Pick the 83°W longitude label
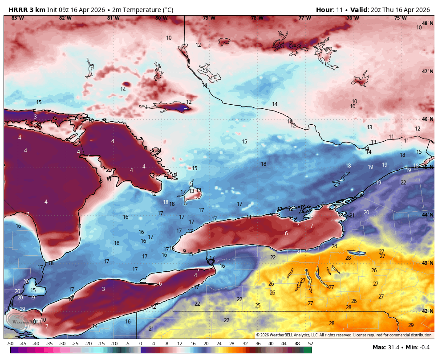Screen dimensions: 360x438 pos(17,18)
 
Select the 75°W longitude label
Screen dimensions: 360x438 pos(400,18)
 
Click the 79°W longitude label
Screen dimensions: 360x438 pos(209,18)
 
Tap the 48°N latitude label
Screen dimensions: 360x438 pos(427,23)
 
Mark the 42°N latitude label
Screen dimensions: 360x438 pos(427,311)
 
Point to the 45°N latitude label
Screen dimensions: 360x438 pos(427,167)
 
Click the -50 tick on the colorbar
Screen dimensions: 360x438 pos(10,344)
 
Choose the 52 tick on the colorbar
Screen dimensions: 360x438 pos(310,344)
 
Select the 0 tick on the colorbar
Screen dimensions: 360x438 pos(141,344)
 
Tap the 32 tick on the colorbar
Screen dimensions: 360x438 pos(245,344)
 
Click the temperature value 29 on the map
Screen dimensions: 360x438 pos(411,325)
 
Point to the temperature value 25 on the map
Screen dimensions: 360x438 pos(258,305)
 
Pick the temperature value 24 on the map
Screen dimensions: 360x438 pos(334,246)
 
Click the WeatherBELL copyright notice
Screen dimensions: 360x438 pos(344,335)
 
